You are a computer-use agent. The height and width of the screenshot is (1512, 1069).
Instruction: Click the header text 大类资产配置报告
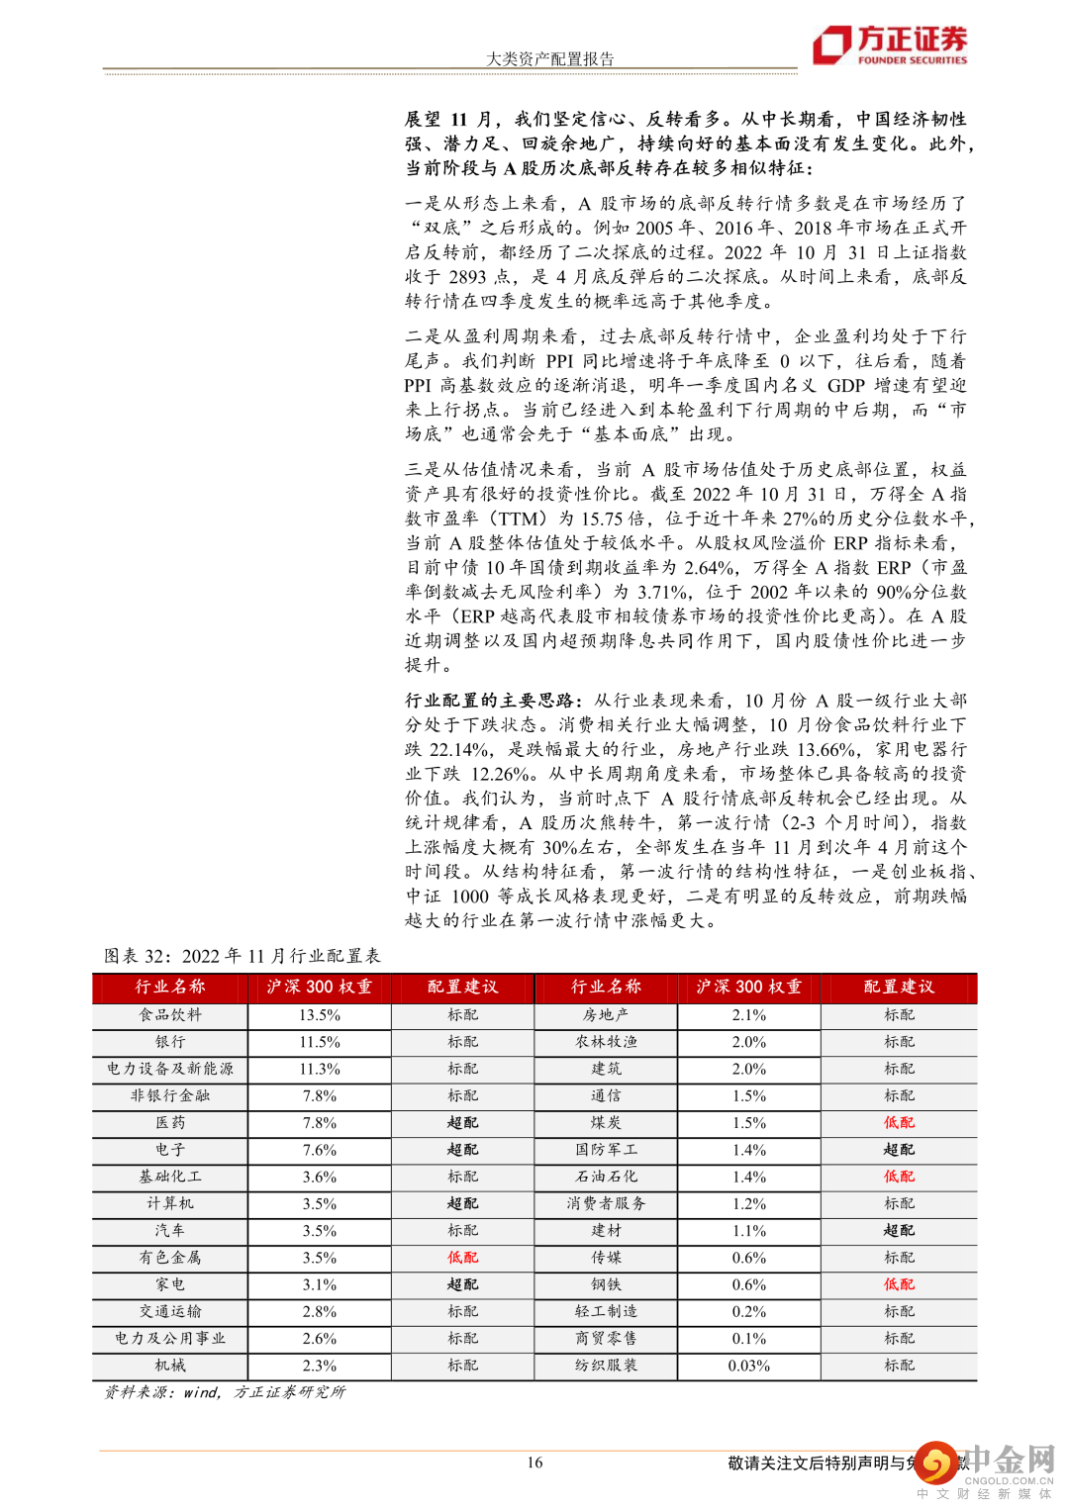(x=549, y=58)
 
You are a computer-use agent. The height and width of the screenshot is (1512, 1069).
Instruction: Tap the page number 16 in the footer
(x=534, y=1462)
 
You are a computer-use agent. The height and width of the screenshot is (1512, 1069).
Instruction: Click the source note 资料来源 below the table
(x=225, y=1391)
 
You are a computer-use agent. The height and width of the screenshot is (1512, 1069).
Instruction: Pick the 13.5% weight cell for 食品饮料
(x=320, y=1014)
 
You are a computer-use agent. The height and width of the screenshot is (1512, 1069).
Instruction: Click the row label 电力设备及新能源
(x=170, y=1069)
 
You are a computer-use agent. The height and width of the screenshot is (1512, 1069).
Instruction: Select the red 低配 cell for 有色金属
(x=462, y=1258)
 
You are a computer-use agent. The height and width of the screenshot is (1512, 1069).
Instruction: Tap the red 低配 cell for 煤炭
(x=899, y=1122)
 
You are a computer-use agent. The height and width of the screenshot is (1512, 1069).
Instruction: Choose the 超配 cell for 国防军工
(x=899, y=1150)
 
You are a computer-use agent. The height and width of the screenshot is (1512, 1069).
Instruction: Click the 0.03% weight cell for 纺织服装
(x=749, y=1366)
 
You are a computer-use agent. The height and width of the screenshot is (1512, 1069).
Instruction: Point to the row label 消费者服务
(x=606, y=1203)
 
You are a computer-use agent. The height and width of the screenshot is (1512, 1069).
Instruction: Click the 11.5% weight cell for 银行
(x=320, y=1042)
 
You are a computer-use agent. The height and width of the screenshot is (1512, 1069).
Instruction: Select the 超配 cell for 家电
(x=462, y=1284)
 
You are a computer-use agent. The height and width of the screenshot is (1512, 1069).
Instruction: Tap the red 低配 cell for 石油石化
(x=899, y=1177)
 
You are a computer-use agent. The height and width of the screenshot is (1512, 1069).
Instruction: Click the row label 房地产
(x=606, y=1014)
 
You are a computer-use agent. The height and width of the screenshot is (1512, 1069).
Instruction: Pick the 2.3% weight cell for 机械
(x=320, y=1366)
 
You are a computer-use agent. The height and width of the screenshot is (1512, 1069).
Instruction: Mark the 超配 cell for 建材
(x=899, y=1230)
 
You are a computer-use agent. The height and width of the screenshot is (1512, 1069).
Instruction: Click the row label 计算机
(x=170, y=1203)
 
